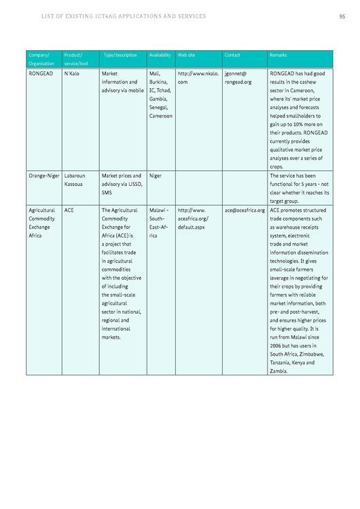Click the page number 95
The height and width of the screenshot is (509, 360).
[x=342, y=16]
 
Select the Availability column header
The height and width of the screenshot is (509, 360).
[x=160, y=55]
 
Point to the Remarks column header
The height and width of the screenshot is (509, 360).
[x=278, y=55]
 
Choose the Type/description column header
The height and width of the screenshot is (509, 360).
[x=120, y=55]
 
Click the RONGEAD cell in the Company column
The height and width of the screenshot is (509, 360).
[x=41, y=73]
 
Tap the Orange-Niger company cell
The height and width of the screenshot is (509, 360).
[x=43, y=176]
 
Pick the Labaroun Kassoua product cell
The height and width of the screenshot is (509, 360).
[x=75, y=180]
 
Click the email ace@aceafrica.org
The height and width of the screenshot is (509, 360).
[x=245, y=210]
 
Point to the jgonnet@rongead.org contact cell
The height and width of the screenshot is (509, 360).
[x=238, y=77]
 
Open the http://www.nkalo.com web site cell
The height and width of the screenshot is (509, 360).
[x=198, y=77]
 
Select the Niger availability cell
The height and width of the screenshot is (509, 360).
[x=156, y=176]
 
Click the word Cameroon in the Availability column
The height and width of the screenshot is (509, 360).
[x=161, y=116]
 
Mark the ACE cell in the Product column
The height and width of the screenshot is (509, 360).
[x=69, y=210]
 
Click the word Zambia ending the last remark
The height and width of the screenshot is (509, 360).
[x=278, y=371]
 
